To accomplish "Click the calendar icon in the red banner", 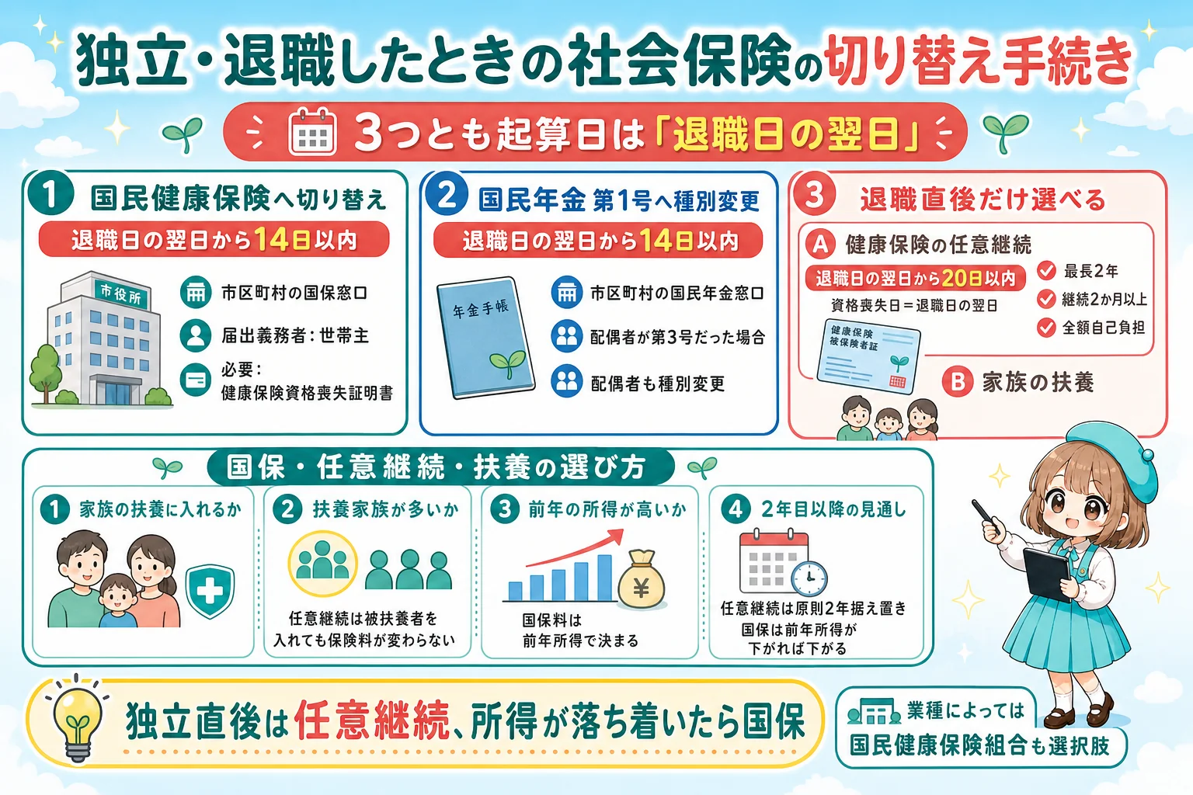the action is (x=312, y=131).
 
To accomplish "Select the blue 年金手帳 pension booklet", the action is (x=485, y=337).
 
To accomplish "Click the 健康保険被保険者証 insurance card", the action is (x=869, y=356).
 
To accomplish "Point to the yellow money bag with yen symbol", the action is (x=642, y=580).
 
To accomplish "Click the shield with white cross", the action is (x=210, y=591).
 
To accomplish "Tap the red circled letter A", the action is (x=820, y=245).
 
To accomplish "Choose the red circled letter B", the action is (x=958, y=382).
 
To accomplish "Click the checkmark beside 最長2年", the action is (x=1046, y=270).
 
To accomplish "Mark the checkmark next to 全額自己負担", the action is (x=1046, y=328).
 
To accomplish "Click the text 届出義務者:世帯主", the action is (x=295, y=336).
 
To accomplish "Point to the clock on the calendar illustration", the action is (x=809, y=578).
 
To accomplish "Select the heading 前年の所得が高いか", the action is (x=607, y=509).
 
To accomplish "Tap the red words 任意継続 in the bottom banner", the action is (x=372, y=720).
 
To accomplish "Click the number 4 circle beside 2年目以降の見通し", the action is (x=736, y=509).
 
